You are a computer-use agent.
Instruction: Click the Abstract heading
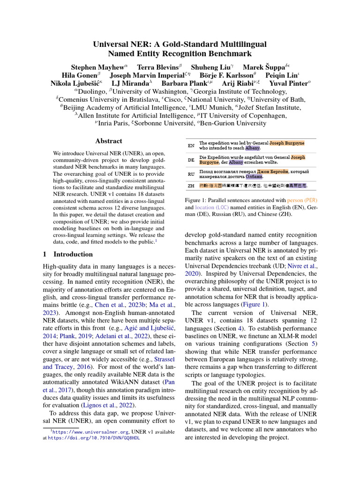pos(109,141)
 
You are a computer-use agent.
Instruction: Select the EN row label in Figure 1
pos(191,145)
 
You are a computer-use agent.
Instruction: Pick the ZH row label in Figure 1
pos(191,186)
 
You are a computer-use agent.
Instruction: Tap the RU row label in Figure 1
pos(191,173)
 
